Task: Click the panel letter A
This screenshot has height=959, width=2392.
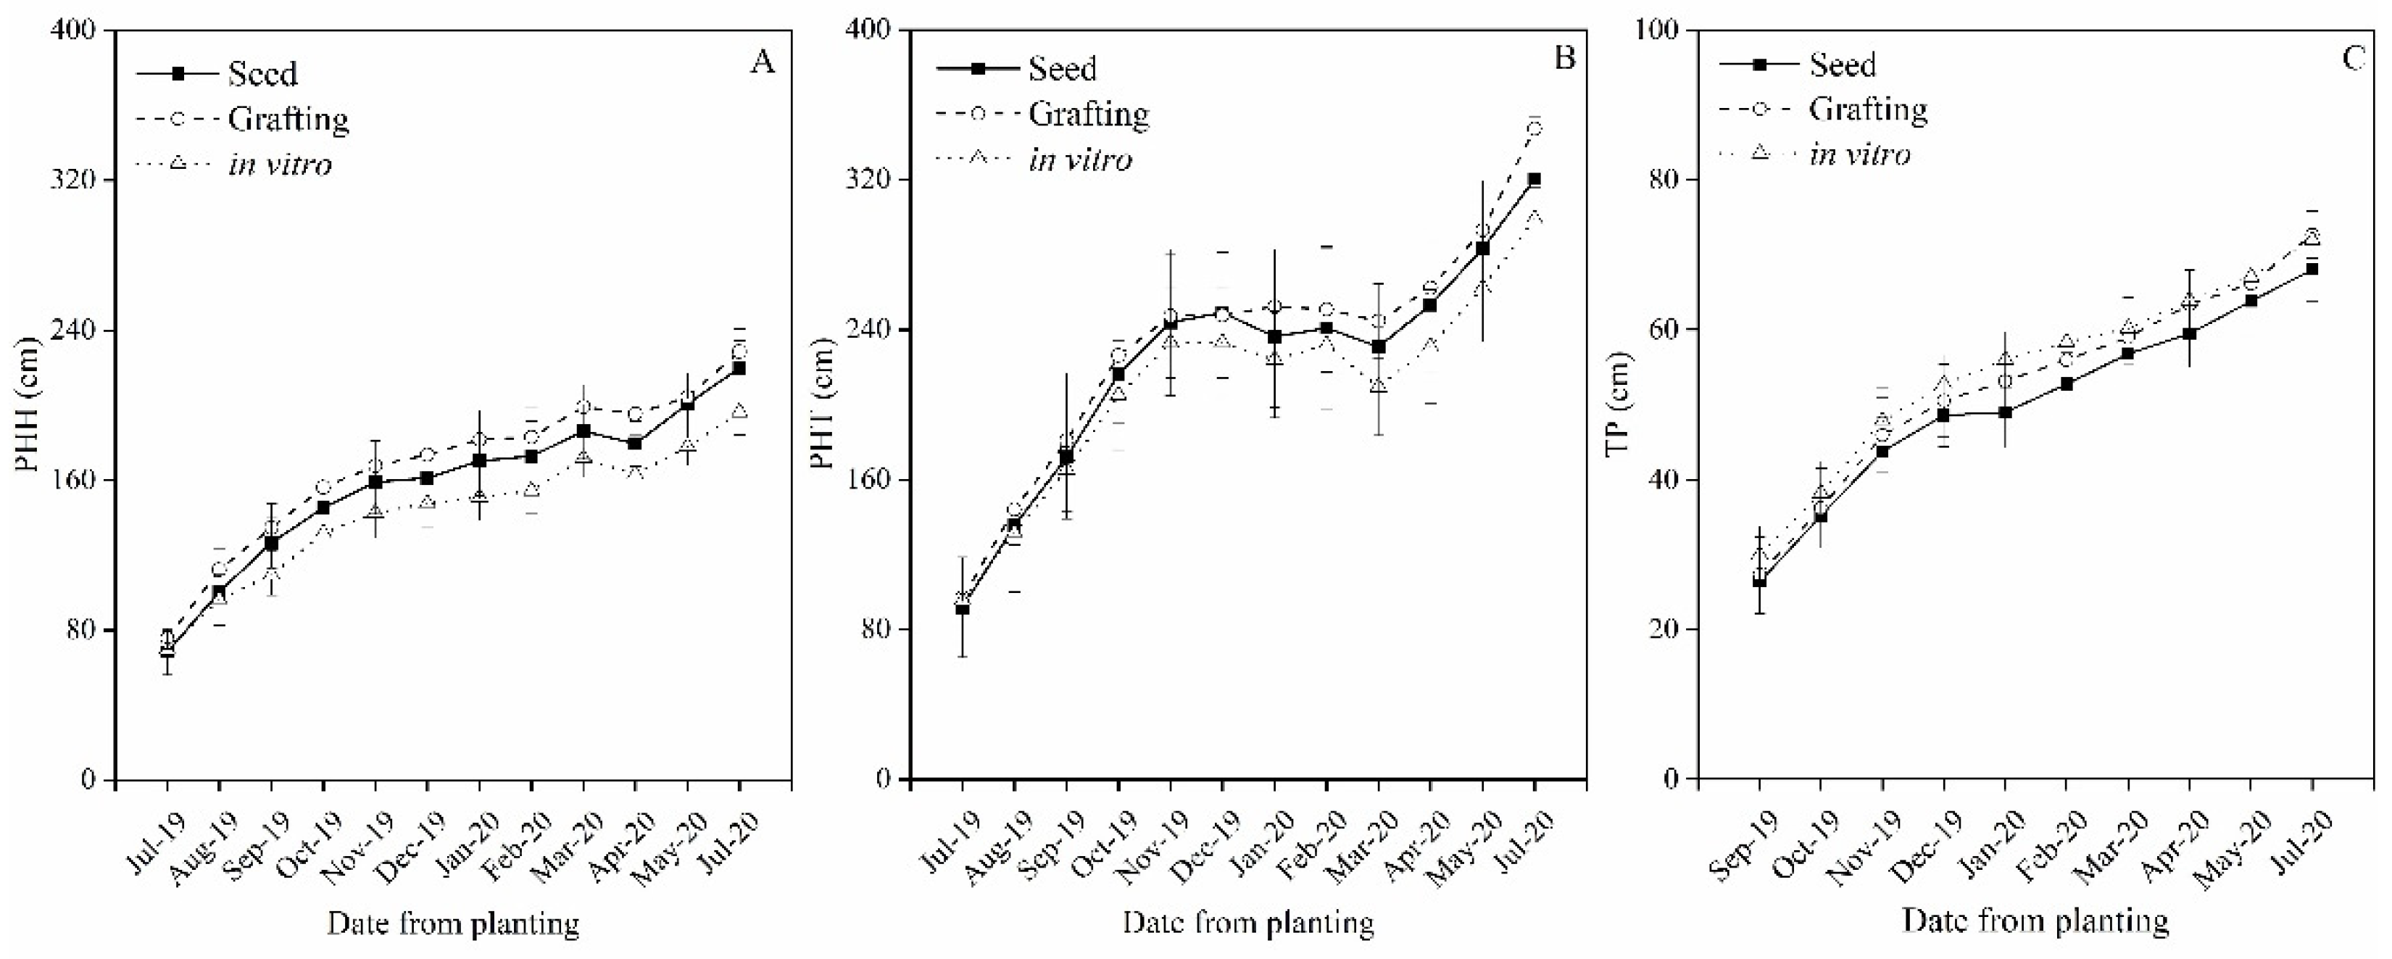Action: pyautogui.click(x=763, y=62)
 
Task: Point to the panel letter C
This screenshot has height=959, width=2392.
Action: pyautogui.click(x=2353, y=59)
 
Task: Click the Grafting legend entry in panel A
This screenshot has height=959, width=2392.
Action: pyautogui.click(x=244, y=119)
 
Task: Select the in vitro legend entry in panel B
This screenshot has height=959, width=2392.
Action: pyautogui.click(x=1034, y=159)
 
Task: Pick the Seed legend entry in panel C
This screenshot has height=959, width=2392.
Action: pyautogui.click(x=1797, y=64)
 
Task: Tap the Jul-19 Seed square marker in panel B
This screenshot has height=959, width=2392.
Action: pyautogui.click(x=963, y=609)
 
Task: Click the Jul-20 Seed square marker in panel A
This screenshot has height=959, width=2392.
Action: pyautogui.click(x=740, y=368)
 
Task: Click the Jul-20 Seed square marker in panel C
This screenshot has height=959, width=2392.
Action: pyautogui.click(x=2312, y=269)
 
